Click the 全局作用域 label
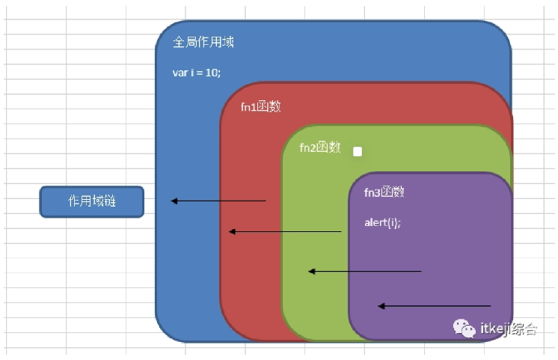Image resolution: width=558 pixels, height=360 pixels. [203, 42]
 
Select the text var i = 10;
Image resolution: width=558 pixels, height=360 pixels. [197, 73]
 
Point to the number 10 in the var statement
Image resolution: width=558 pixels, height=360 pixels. [212, 73]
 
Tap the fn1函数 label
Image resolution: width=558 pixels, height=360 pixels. [260, 106]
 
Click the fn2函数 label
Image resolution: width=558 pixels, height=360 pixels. [319, 147]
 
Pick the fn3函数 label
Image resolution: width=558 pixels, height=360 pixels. [384, 192]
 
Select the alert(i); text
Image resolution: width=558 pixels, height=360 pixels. [382, 222]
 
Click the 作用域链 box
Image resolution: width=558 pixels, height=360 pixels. [91, 201]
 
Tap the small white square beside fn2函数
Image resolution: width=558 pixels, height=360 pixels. [358, 151]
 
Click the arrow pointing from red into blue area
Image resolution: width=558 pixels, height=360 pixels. [218, 201]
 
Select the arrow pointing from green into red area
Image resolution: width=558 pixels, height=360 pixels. [285, 232]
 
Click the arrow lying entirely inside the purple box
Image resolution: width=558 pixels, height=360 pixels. [434, 305]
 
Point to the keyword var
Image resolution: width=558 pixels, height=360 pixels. [180, 73]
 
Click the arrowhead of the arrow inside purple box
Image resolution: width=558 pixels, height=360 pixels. [381, 305]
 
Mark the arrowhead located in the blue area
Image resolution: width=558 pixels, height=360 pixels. [174, 201]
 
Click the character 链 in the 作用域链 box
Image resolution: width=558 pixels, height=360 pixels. [109, 201]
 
